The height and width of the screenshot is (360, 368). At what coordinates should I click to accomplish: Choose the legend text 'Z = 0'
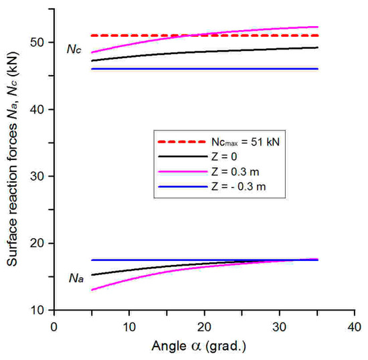coord(221,155)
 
